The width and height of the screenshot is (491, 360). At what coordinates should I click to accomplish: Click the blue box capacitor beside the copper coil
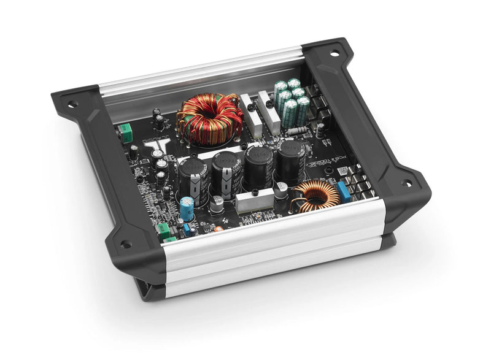pos(344,191)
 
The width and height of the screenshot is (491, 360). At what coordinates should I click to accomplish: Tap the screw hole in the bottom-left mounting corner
pos(126,244)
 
